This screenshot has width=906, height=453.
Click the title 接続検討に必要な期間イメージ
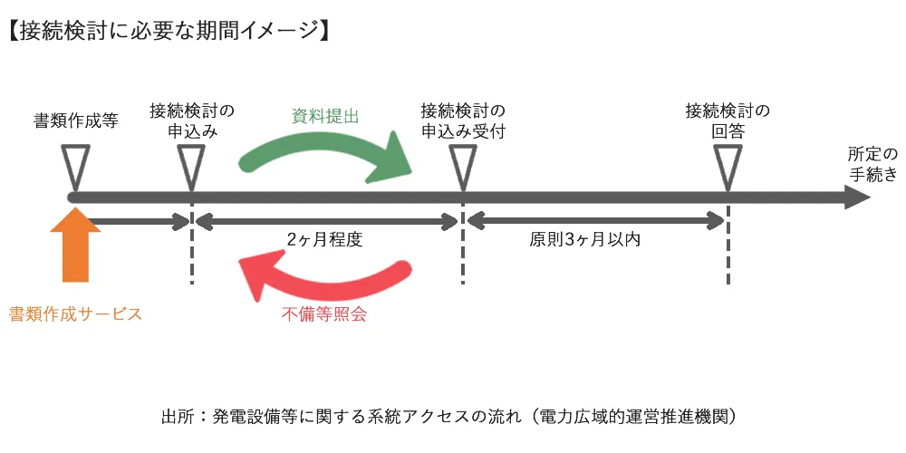169,29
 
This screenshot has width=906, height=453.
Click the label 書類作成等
76,121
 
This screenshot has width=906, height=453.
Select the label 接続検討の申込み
192,121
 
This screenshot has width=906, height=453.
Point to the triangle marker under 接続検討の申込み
192,167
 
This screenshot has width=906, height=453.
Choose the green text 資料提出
325,115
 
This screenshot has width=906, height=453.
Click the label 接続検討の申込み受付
463,121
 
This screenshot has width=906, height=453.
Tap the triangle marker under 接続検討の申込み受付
463,167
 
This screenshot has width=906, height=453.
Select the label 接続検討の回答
728,121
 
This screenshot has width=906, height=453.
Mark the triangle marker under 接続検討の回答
728,167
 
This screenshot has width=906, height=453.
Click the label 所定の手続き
873,163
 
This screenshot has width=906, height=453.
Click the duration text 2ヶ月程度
324,240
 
